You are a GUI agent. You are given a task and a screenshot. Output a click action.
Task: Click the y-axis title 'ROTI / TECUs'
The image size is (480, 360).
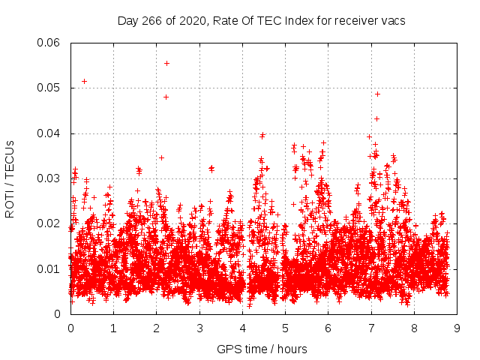[10, 178]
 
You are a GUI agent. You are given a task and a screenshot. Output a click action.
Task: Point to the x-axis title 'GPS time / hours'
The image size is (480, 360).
[262, 349]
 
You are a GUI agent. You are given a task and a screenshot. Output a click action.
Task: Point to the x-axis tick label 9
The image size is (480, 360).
[457, 328]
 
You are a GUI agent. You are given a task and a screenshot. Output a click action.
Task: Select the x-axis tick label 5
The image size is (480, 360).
[285, 328]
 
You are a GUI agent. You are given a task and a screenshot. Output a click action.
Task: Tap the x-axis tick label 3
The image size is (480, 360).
[199, 328]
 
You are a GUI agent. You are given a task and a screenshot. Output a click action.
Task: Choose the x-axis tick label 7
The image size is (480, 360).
[371, 328]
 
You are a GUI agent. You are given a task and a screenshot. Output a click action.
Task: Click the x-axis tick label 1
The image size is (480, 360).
[113, 328]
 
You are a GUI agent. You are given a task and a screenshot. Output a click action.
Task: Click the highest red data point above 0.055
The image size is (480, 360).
[166, 63]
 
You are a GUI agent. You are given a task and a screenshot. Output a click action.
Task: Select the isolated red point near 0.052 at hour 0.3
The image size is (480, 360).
[84, 81]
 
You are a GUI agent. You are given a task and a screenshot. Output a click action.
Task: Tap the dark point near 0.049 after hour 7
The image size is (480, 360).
[377, 94]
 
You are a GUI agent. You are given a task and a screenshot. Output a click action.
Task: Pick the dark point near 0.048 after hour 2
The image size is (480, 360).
[166, 97]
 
